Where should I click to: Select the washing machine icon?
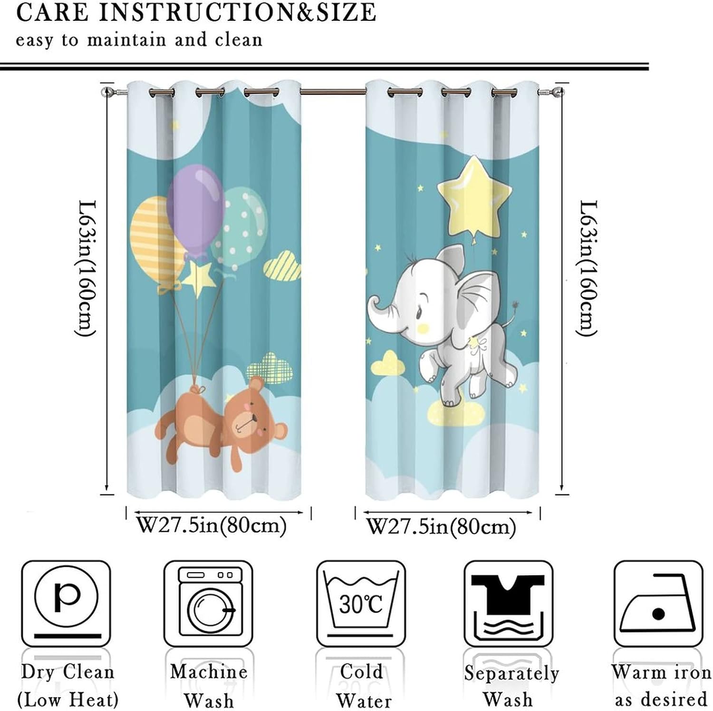209,603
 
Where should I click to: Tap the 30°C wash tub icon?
361,603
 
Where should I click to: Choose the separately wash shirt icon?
508,603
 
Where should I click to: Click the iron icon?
658,603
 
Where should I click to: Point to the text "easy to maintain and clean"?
139,40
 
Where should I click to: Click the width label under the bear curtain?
212,526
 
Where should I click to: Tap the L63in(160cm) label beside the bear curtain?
87,268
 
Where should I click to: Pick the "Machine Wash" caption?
209,685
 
